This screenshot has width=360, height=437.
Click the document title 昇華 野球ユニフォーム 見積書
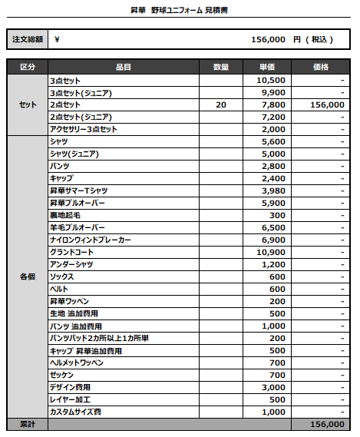pyautogui.click(x=180, y=11)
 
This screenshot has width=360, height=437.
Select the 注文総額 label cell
pyautogui.click(x=27, y=39)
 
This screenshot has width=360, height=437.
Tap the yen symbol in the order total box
pyautogui.click(x=58, y=39)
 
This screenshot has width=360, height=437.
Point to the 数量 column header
pyautogui.click(x=221, y=68)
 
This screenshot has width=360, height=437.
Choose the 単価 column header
pyautogui.click(x=267, y=68)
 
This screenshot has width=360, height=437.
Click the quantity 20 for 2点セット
pyautogui.click(x=221, y=104)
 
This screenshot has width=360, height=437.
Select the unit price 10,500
pyautogui.click(x=271, y=80)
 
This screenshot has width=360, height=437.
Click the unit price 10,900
pyautogui.click(x=271, y=252)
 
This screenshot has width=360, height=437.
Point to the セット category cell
pyautogui.click(x=27, y=104)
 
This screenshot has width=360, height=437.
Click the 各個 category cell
pyautogui.click(x=27, y=276)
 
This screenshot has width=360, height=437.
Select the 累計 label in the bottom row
pyautogui.click(x=27, y=424)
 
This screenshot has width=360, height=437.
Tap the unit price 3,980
pyautogui.click(x=273, y=190)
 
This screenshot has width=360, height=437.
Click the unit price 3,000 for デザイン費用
pyautogui.click(x=273, y=387)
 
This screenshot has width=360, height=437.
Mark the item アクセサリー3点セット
pyautogui.click(x=84, y=129)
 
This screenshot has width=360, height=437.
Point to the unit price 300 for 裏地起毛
pyautogui.click(x=277, y=215)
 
